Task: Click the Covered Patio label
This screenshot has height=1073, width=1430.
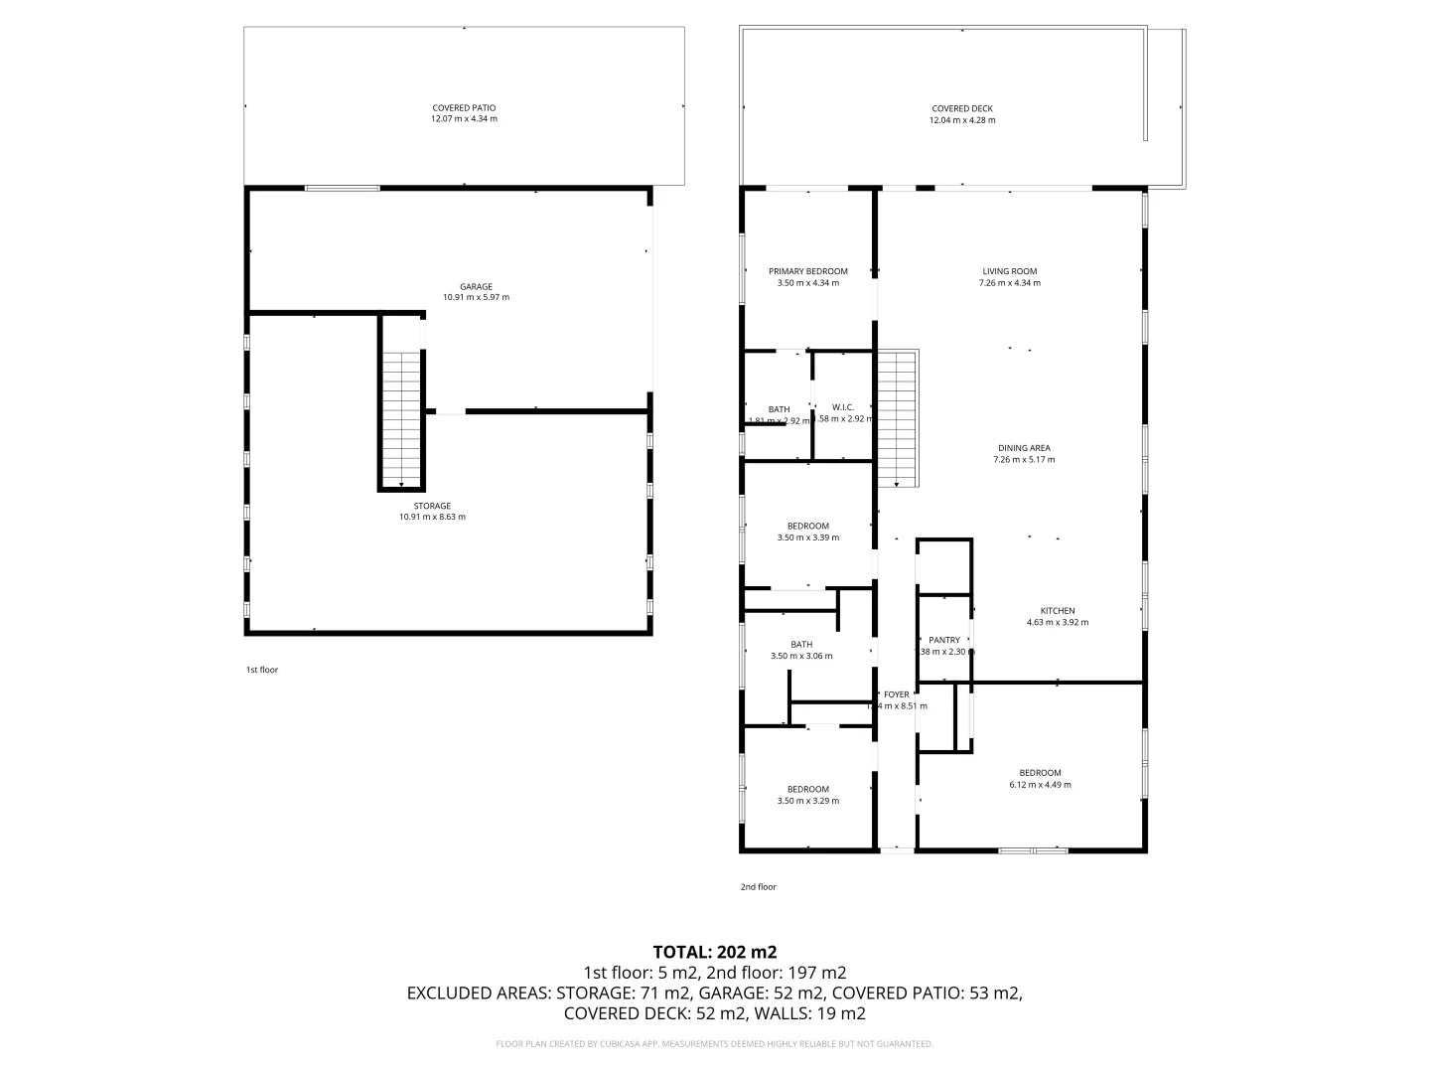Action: (x=464, y=108)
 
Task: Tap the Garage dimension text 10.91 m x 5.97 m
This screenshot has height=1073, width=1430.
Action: (x=476, y=298)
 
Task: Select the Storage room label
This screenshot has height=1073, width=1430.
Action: (x=432, y=506)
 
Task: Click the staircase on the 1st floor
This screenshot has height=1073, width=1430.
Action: (x=401, y=417)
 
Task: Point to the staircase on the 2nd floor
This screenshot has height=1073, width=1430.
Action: (x=897, y=417)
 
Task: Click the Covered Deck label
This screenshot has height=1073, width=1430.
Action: (x=961, y=109)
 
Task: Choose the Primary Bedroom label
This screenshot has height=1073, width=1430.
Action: (x=807, y=271)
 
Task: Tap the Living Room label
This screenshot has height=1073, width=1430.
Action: (x=1009, y=271)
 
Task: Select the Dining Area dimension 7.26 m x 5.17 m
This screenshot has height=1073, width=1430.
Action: (x=1024, y=460)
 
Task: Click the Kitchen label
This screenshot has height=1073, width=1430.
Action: (x=1057, y=611)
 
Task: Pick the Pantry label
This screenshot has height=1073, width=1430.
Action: (x=944, y=640)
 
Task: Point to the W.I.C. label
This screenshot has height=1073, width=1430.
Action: (x=842, y=407)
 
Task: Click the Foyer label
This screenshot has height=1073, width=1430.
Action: (x=896, y=694)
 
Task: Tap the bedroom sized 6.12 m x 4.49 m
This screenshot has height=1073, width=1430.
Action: (x=1040, y=779)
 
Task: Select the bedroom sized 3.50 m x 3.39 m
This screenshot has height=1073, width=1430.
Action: (x=807, y=532)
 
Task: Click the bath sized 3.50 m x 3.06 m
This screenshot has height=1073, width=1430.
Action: (x=800, y=650)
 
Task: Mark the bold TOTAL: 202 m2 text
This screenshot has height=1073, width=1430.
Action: (x=714, y=952)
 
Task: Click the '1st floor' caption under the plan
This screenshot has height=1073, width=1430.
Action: (x=262, y=670)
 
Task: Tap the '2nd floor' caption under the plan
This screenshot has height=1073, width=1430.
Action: (x=758, y=887)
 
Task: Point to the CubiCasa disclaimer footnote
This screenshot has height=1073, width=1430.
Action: (x=714, y=1044)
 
